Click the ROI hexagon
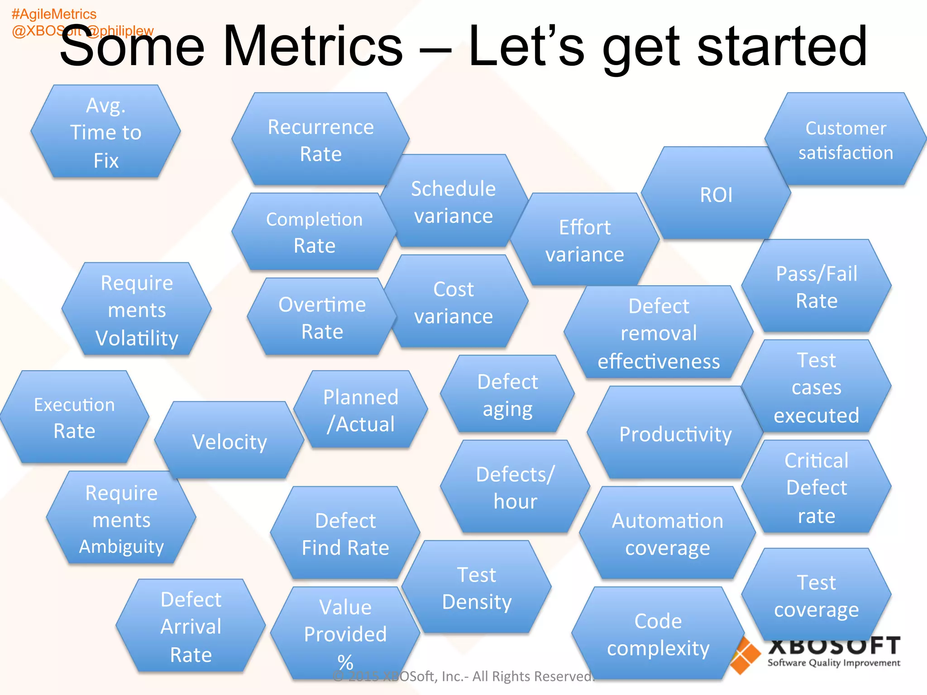tap(716, 195)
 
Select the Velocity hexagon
tap(229, 441)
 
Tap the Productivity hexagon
tap(675, 434)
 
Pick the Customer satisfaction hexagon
tap(846, 140)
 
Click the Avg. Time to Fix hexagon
tap(106, 132)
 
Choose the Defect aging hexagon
tap(507, 395)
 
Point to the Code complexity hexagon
tap(658, 634)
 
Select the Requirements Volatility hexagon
tap(137, 310)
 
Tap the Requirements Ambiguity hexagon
tap(121, 519)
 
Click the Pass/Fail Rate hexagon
tap(817, 287)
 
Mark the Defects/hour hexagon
tap(515, 488)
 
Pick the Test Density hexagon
tap(477, 588)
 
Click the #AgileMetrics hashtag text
tap(54, 14)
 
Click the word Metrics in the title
tap(312, 46)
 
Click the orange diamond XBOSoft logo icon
tap(745, 656)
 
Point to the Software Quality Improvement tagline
tap(833, 663)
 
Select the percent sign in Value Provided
tap(345, 662)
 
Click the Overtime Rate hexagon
tap(322, 318)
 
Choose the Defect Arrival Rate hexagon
tap(191, 627)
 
